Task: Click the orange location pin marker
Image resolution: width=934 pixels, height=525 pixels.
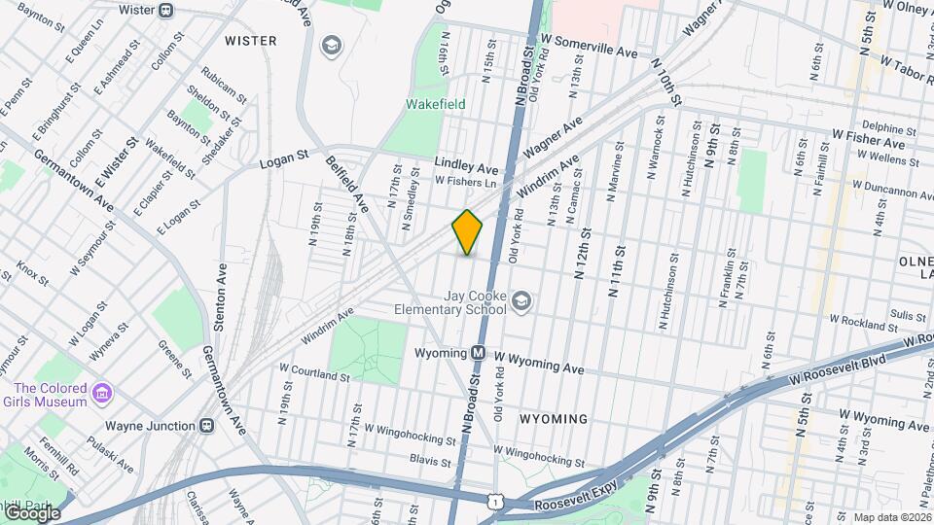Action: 467,232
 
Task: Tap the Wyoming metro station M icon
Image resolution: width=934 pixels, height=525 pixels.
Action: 479,354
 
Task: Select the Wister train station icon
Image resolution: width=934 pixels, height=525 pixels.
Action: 165,11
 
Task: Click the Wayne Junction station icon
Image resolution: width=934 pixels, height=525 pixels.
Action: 206,425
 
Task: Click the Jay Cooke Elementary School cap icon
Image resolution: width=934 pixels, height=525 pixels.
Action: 521,301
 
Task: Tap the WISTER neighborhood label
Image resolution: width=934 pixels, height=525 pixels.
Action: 250,41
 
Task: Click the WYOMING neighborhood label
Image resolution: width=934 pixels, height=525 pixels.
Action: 553,419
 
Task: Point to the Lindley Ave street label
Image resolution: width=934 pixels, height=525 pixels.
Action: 466,166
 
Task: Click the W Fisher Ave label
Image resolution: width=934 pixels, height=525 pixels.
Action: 868,140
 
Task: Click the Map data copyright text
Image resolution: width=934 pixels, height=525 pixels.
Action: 890,517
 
